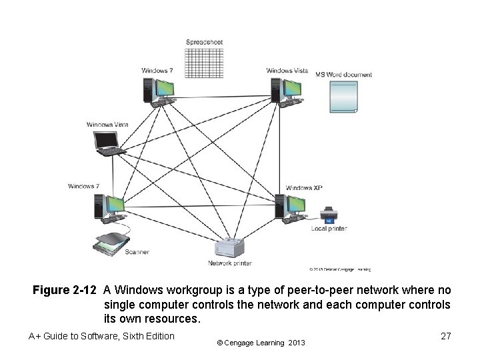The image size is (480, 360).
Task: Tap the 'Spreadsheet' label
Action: click(204, 42)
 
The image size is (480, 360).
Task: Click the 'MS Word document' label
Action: click(343, 75)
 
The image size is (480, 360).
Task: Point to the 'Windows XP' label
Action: click(304, 188)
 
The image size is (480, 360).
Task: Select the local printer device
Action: click(329, 215)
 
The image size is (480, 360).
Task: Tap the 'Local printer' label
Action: click(329, 229)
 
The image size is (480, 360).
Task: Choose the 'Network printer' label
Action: click(230, 263)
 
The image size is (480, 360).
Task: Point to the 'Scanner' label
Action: click(137, 252)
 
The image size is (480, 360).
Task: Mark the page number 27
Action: click(446, 337)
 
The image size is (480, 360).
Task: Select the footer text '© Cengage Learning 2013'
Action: click(261, 343)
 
